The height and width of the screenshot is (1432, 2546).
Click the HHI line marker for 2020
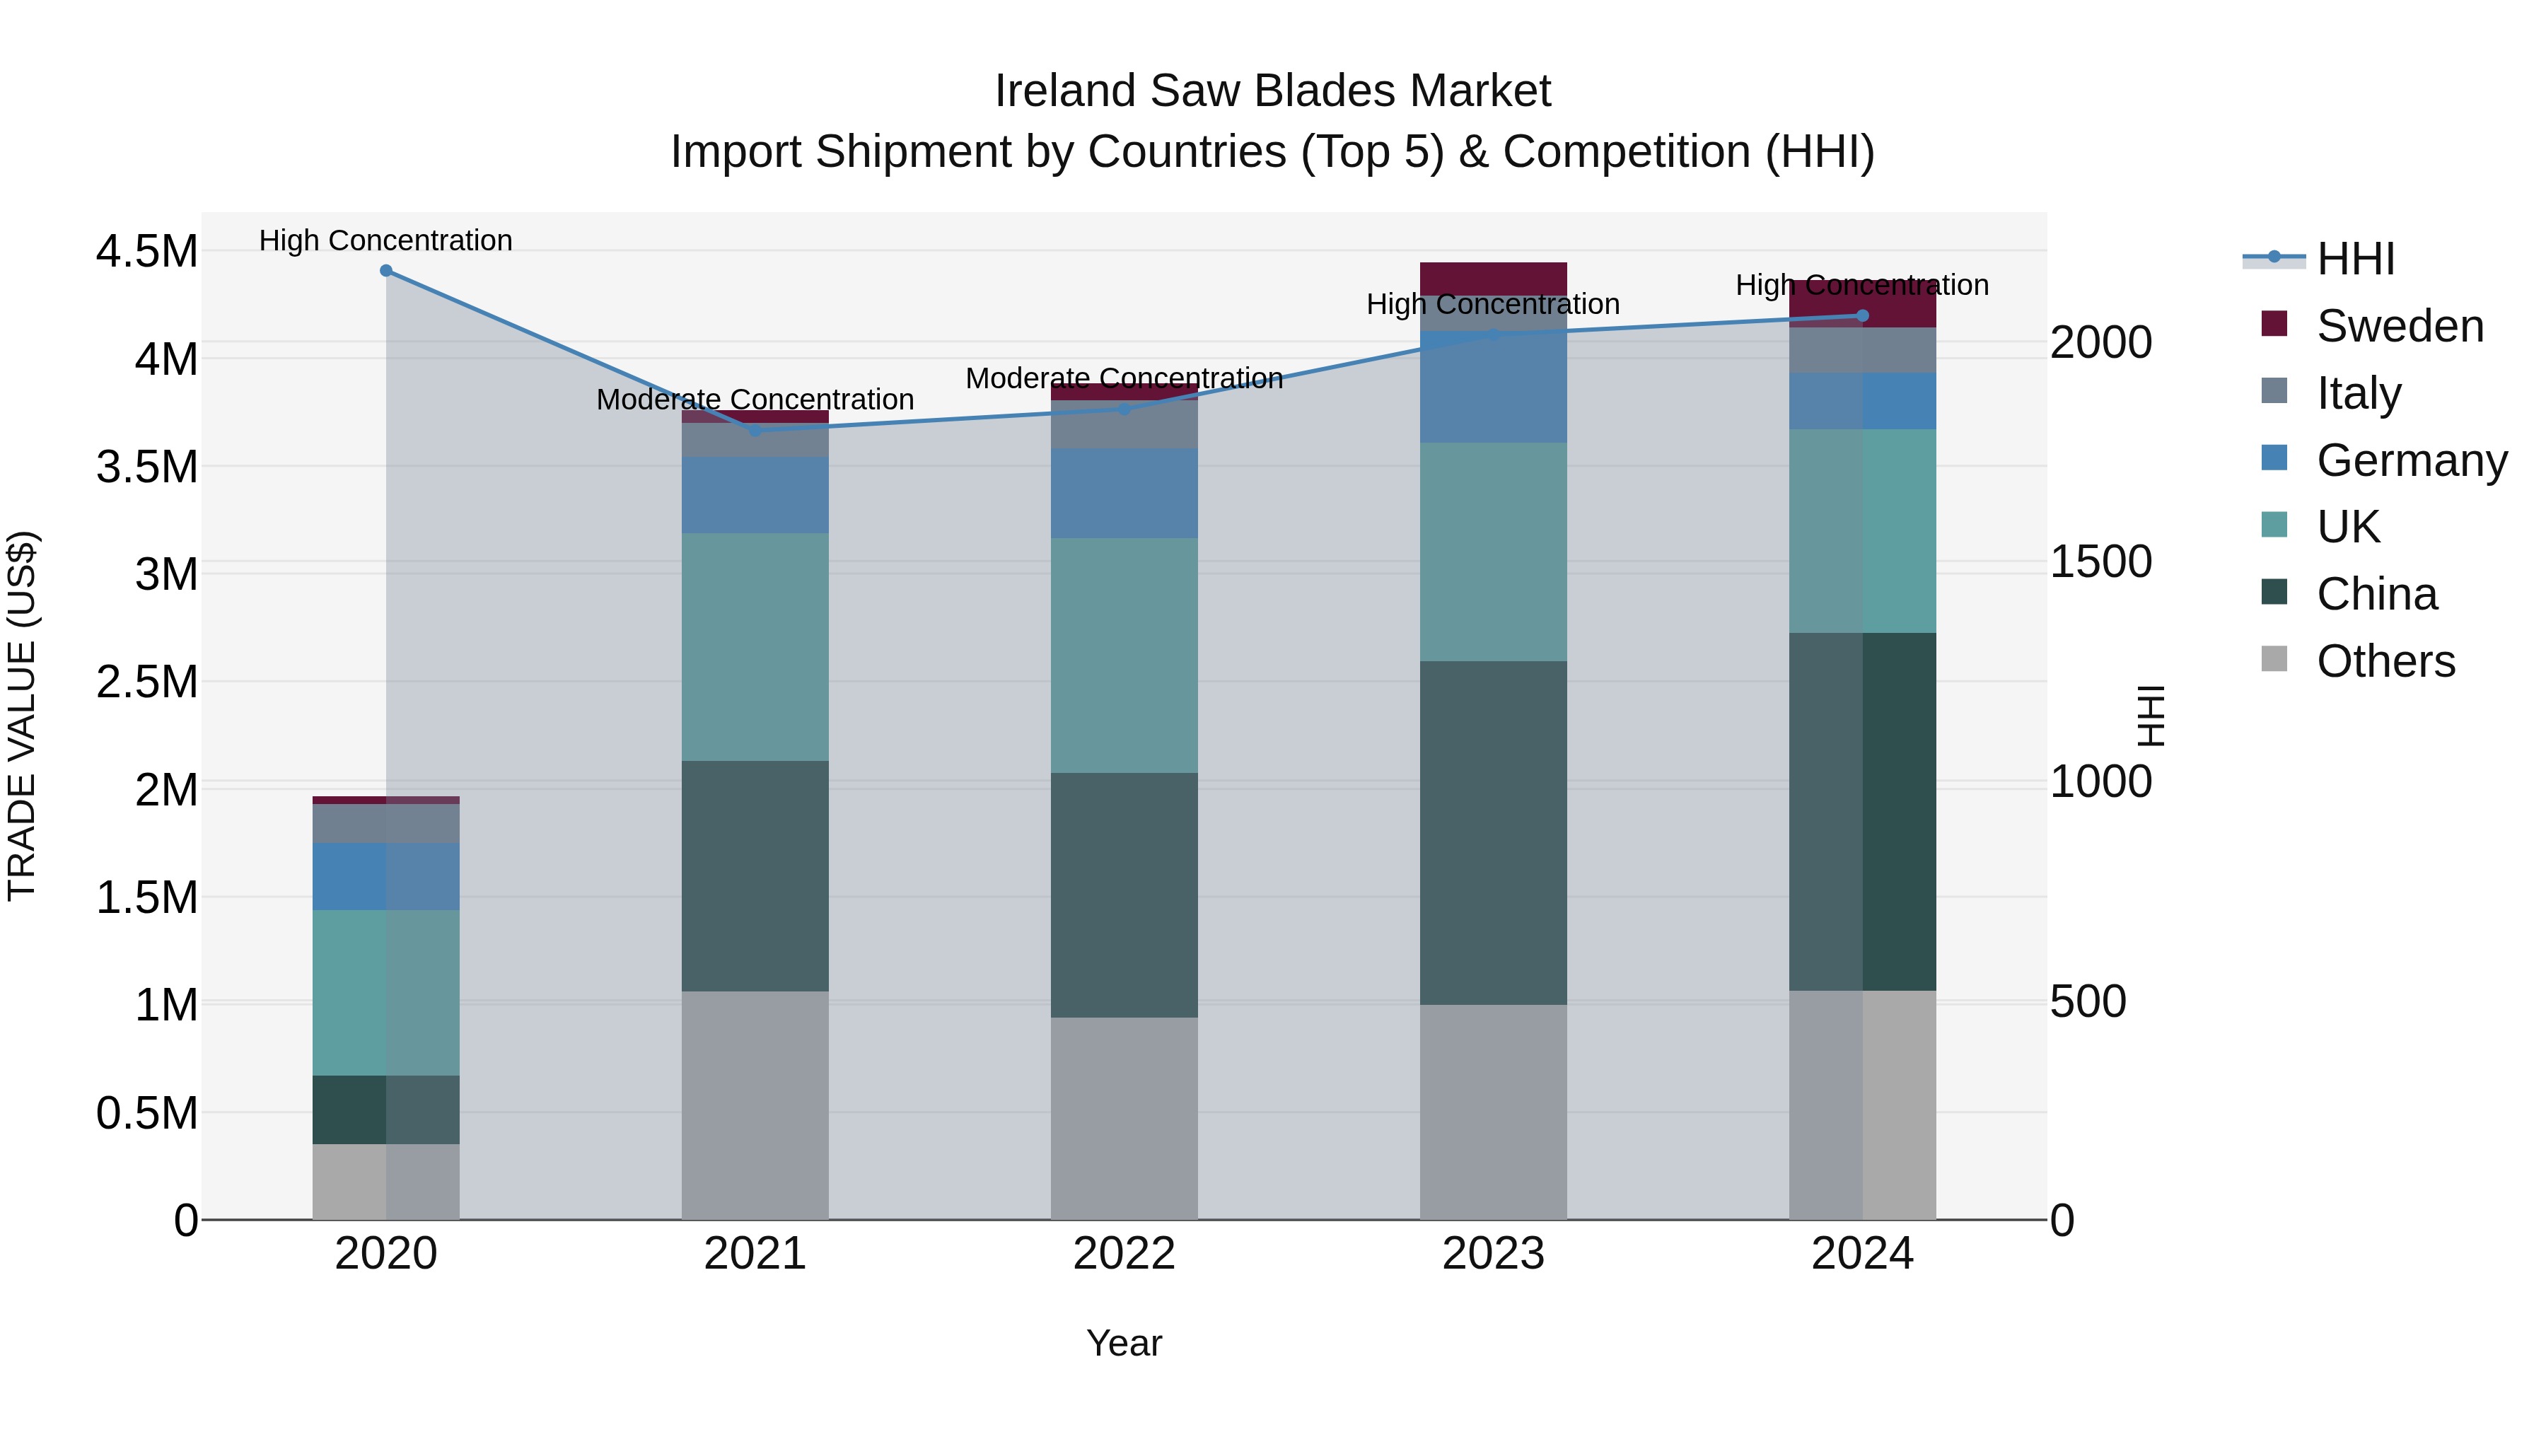click(x=386, y=271)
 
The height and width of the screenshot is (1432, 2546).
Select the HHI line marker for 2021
click(x=755, y=430)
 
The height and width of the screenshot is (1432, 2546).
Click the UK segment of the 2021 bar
click(x=755, y=647)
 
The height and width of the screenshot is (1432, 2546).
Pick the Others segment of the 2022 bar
click(x=1124, y=1118)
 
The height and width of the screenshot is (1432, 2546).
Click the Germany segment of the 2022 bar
click(x=1124, y=493)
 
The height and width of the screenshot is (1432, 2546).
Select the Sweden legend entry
click(x=2399, y=326)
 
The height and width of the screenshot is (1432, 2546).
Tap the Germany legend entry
click(x=2411, y=460)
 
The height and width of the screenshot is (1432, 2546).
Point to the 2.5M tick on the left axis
click(x=146, y=682)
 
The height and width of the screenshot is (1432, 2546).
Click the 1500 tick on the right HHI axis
click(x=2100, y=561)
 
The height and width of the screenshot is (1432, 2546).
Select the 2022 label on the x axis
click(x=1124, y=1253)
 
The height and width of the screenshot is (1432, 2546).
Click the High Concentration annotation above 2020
click(x=385, y=240)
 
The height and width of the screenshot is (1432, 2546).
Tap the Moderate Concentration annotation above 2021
click(x=755, y=400)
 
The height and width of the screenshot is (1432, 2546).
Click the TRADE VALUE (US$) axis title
click(x=22, y=716)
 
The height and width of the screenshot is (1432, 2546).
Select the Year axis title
click(x=1124, y=1343)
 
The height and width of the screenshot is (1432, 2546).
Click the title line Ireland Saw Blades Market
click(x=1272, y=91)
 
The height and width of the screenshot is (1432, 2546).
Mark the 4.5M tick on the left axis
click(x=146, y=251)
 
